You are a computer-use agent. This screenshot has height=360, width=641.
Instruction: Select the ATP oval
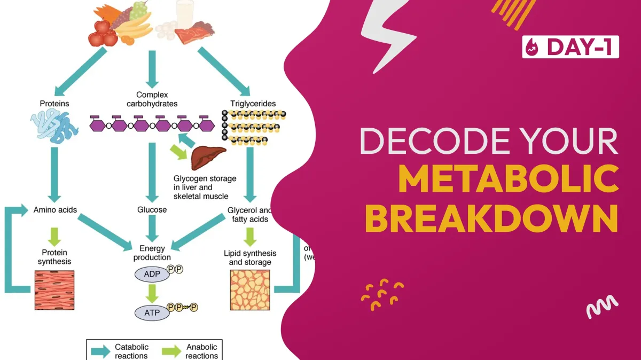coord(152,311)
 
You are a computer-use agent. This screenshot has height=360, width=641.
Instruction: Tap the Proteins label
coord(54,103)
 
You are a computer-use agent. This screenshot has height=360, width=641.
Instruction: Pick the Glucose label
coord(152,210)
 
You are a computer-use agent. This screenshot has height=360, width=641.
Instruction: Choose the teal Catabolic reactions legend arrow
coord(100,350)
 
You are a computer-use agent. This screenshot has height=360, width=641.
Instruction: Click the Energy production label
coord(152,253)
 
